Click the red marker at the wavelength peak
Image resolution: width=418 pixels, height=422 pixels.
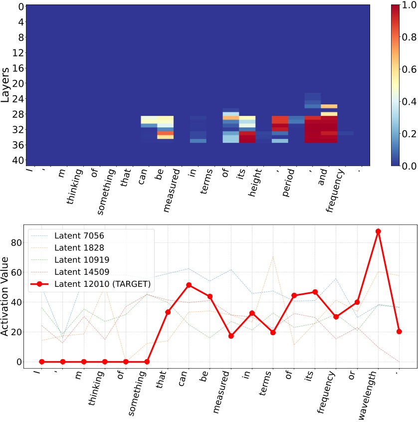point(378,231)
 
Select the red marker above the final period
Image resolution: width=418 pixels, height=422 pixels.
point(399,331)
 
